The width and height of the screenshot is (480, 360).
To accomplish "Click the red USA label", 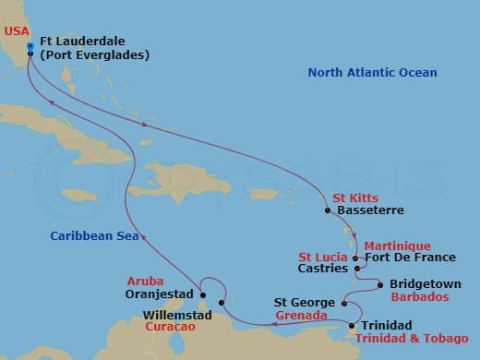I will (x=16, y=30).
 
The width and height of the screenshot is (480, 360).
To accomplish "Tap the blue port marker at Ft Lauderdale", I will (x=30, y=45).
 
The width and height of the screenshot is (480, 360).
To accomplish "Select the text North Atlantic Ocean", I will (x=372, y=73).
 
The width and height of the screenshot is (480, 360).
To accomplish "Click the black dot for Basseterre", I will (x=328, y=210).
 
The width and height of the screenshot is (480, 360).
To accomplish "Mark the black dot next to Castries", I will (x=357, y=270).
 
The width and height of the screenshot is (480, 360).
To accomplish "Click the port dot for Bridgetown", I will (x=379, y=285).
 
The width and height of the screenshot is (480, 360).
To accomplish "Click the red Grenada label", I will (x=299, y=315).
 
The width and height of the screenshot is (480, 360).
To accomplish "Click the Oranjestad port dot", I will (x=202, y=295).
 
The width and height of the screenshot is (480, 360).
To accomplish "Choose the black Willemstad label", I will (x=177, y=315).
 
